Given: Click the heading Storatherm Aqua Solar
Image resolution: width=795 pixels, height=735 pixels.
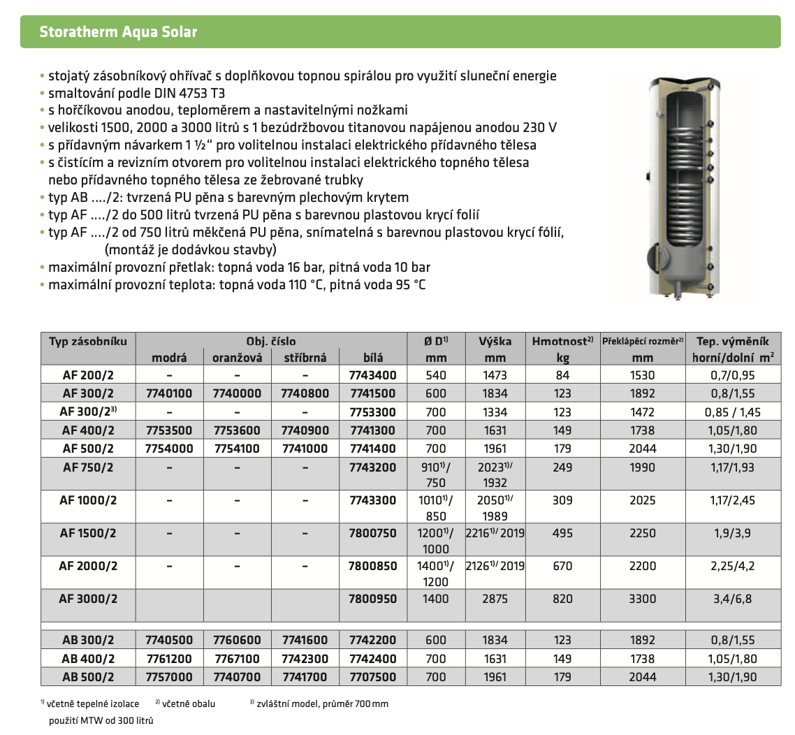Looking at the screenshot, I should click(118, 32).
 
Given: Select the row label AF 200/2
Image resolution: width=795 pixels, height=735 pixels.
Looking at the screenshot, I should click(88, 375).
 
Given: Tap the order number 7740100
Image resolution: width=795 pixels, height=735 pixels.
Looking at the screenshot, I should click(169, 393).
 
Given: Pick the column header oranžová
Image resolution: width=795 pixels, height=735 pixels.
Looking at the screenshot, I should click(237, 357).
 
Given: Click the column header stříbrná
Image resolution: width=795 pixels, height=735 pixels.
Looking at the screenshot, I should click(305, 357).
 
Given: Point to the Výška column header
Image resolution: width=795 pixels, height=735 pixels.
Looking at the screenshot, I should click(495, 342).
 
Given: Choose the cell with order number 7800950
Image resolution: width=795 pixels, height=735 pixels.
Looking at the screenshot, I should click(372, 599).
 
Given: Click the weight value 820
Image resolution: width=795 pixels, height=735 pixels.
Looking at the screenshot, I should click(562, 599).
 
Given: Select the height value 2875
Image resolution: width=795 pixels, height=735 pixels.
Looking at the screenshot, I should click(495, 599).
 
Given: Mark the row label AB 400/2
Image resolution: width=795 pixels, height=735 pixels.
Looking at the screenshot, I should click(88, 658).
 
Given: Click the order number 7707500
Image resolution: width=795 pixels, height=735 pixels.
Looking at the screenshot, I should click(372, 676).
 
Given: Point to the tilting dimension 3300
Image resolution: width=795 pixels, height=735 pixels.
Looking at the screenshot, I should click(642, 599).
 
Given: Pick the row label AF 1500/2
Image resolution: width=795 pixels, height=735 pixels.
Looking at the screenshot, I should click(88, 533).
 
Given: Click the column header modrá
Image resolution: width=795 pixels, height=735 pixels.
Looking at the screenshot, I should click(170, 357).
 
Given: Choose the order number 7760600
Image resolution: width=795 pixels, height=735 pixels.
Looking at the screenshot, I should click(237, 640).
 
